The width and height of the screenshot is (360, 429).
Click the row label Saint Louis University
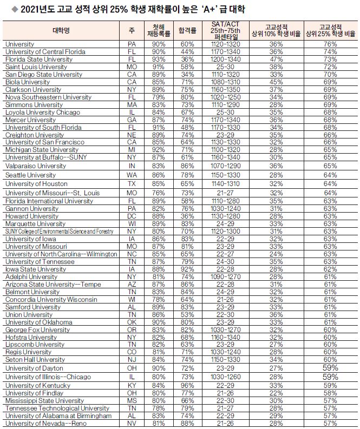pos(36,67)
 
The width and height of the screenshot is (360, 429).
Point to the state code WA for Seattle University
pos(132,175)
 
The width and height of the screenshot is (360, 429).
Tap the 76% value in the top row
pos(330,44)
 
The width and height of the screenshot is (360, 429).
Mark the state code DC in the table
pos(132,216)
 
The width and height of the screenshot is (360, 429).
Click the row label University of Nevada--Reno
pos(46,424)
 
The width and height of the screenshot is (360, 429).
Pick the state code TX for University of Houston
pos(132,184)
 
